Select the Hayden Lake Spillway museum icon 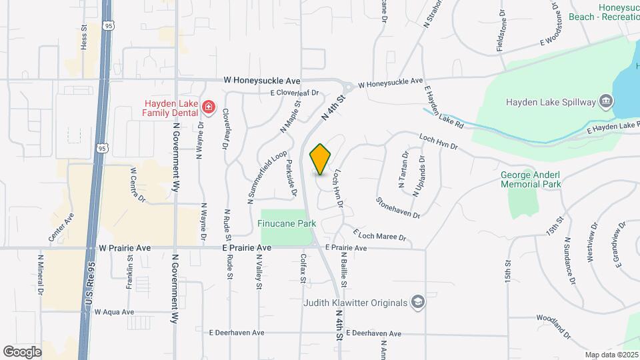point(606,102)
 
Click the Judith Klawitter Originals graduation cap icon point(417,303)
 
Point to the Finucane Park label point(287,224)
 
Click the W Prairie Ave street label point(125,248)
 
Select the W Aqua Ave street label point(114,311)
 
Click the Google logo point(22,351)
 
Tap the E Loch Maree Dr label point(382,235)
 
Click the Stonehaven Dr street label point(398,207)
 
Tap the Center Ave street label point(61,227)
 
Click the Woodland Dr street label point(553,326)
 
